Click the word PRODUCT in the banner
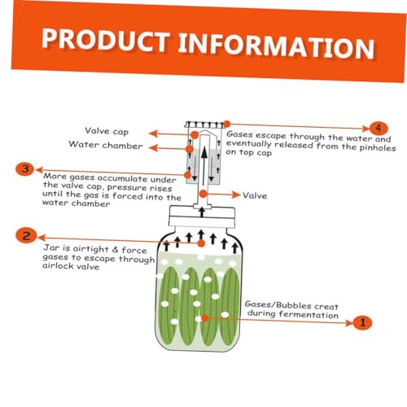point(106,40)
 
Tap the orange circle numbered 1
point(362,322)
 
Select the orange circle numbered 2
point(26,235)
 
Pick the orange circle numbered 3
point(25,169)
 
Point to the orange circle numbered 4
point(379,128)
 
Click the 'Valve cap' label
point(107,131)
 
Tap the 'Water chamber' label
point(106,145)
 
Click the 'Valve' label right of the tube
point(255,195)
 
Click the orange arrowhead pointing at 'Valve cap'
point(153,133)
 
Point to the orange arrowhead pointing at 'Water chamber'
point(153,148)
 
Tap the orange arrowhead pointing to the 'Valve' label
point(235,195)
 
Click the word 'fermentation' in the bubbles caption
point(309,315)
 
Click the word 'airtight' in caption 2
point(90,249)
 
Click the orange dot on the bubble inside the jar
point(205,318)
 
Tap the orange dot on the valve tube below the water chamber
point(203,194)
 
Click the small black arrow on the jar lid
point(202,212)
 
